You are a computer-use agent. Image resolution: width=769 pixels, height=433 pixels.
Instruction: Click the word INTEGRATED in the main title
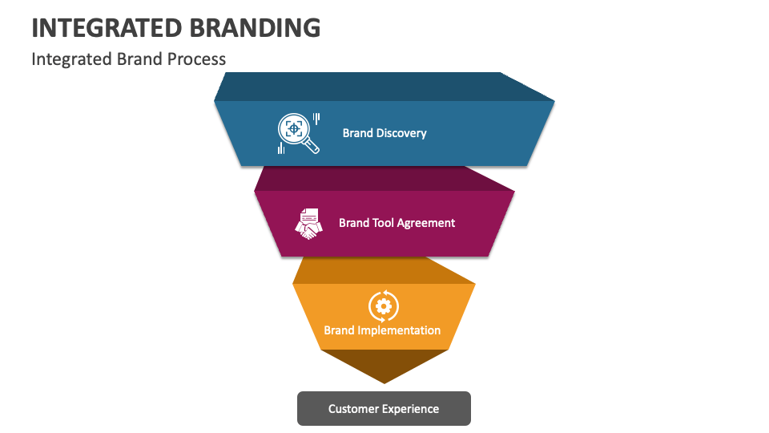point(107,26)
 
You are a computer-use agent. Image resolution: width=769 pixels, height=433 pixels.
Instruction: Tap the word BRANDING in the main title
point(256,26)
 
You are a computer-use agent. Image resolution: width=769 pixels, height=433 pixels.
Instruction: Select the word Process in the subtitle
point(196,59)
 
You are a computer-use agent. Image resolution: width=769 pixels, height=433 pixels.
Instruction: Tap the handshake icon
point(308,224)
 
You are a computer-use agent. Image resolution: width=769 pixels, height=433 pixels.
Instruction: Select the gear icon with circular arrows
point(383,306)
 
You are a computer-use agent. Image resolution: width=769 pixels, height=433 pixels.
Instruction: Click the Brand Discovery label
point(384,133)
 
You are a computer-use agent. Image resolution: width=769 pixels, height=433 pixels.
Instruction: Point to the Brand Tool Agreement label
point(397,223)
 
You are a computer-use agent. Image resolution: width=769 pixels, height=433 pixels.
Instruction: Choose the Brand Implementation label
point(382,330)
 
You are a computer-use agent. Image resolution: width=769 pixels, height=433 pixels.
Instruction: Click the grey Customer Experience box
point(384,409)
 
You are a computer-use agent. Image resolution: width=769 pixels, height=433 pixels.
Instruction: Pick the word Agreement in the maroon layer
point(426,223)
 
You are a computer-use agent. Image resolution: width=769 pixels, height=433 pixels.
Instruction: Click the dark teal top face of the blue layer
point(384,87)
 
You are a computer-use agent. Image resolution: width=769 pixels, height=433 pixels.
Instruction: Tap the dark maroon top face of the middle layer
point(384,179)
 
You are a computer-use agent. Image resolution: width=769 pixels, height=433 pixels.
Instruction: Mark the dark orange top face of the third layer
point(384,270)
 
